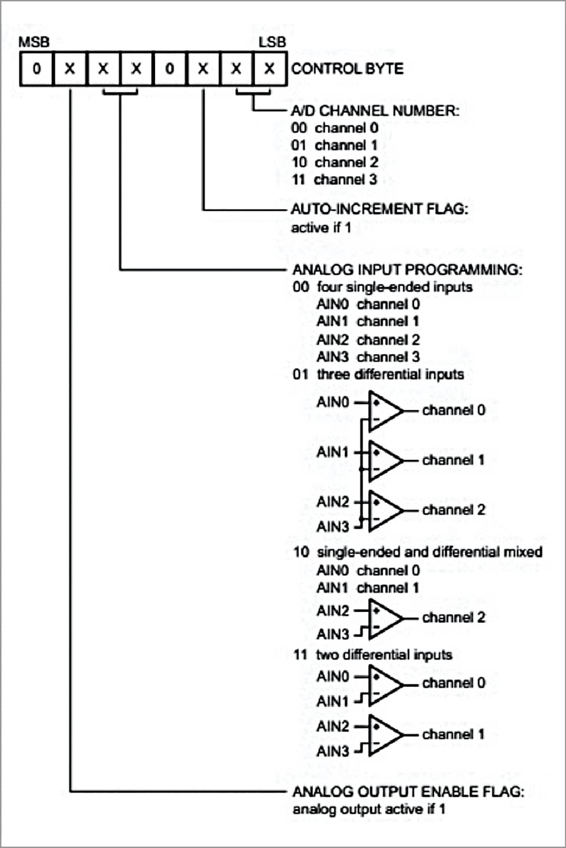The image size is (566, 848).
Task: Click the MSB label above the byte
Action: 34,42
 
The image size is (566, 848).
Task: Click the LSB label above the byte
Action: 272,42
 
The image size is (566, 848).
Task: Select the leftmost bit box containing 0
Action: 37,69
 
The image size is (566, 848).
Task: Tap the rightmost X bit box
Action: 269,69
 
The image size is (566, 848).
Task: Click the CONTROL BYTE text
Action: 347,69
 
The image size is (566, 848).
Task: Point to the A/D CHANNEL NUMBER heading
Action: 374,111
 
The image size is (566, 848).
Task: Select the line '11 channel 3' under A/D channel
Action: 334,180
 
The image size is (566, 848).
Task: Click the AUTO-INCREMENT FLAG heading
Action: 379,209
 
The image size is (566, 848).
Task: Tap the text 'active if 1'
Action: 321,227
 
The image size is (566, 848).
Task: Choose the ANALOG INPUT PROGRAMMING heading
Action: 407,270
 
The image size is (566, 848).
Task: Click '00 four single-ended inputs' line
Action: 382,287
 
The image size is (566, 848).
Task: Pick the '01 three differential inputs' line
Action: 378,375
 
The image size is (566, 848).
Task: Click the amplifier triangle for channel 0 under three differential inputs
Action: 383,410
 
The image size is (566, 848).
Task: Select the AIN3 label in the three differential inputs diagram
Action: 333,526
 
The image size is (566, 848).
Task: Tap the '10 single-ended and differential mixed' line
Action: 417,552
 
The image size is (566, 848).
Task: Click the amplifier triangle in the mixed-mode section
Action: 383,619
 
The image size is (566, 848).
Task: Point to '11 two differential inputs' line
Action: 372,655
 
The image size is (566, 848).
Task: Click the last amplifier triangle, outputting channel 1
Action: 383,735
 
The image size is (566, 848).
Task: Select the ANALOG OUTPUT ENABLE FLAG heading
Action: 408,791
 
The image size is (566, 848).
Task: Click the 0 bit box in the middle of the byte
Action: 170,69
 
